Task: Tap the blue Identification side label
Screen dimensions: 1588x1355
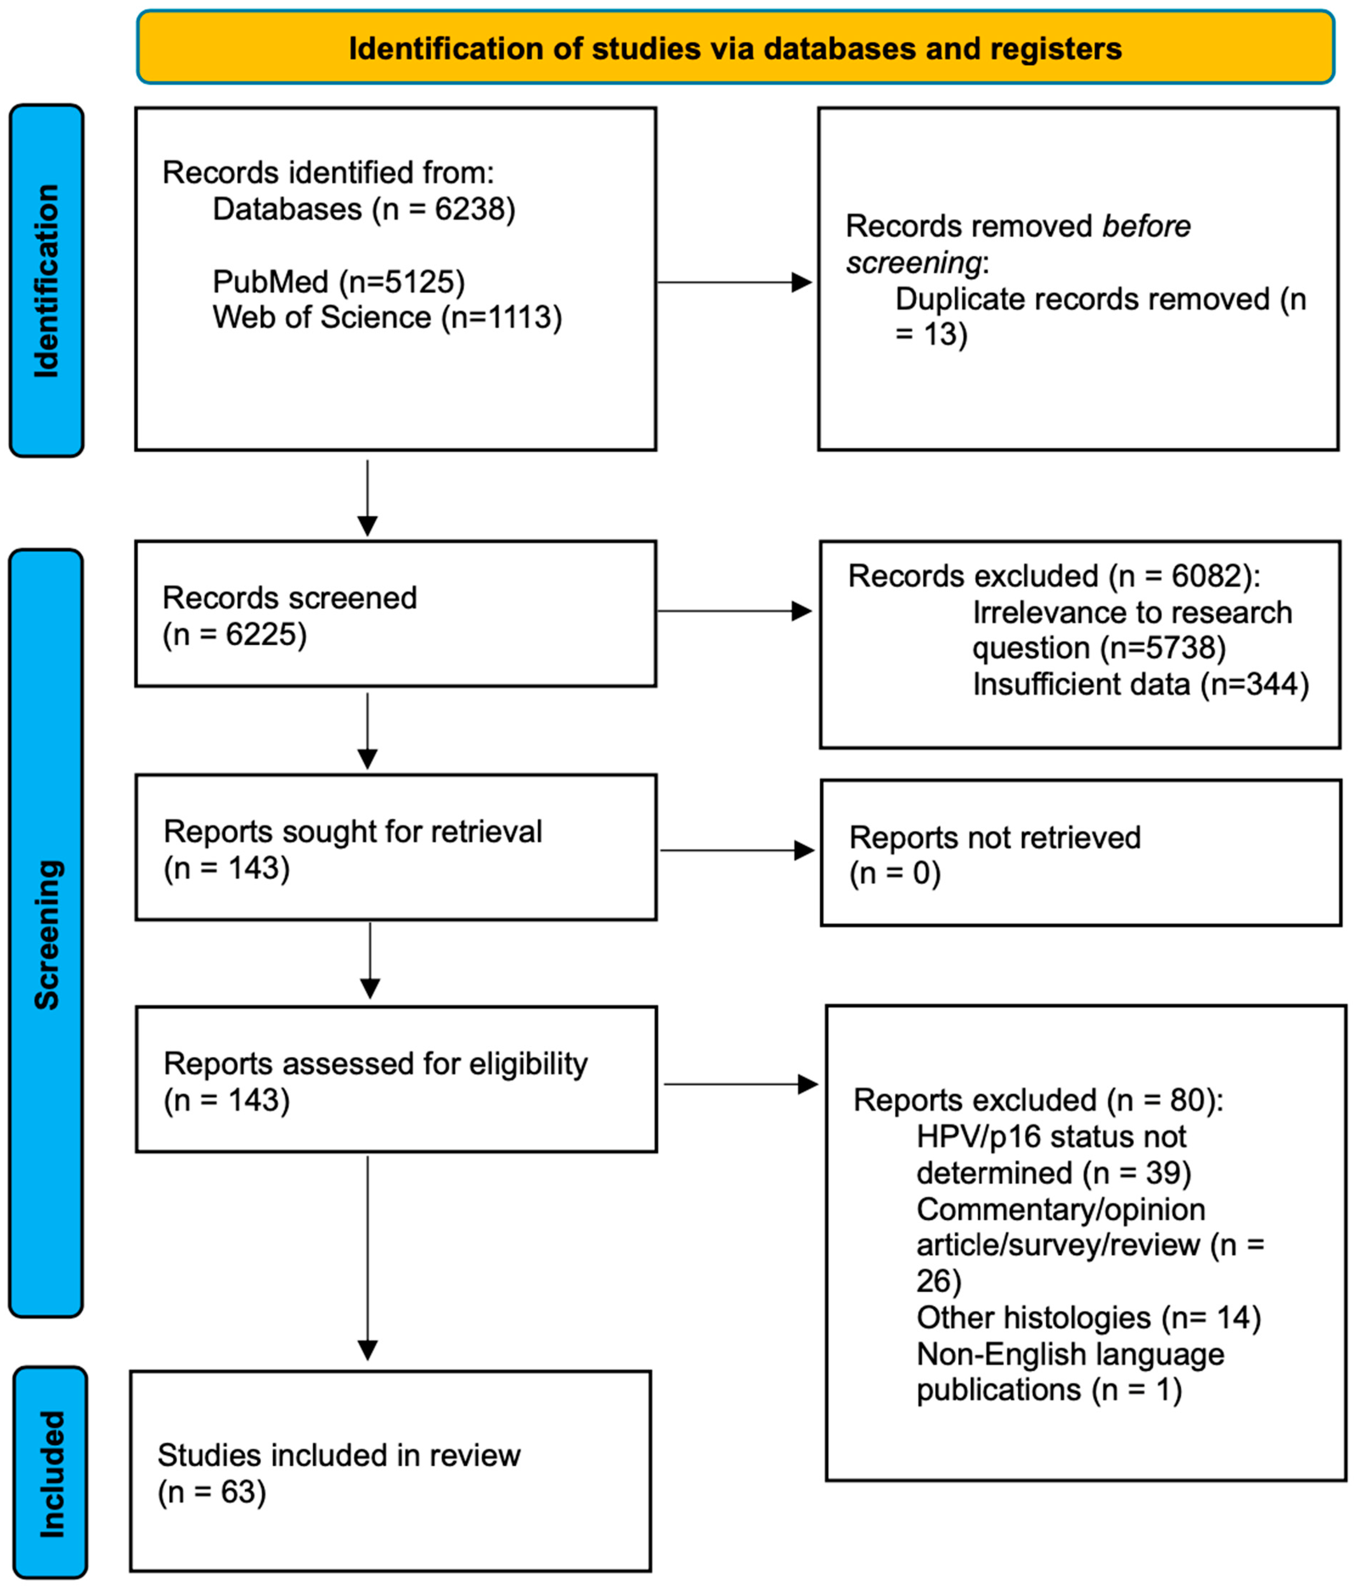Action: tap(46, 280)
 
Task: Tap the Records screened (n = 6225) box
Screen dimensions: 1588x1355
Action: tap(396, 614)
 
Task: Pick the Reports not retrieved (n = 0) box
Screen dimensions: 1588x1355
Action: tap(1081, 853)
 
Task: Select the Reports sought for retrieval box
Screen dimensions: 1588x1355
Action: tap(396, 847)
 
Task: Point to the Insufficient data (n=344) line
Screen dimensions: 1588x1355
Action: tap(1140, 685)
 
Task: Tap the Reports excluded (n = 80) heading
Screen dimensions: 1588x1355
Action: tap(1038, 1101)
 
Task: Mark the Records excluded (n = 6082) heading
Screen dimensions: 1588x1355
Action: tap(1054, 576)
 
